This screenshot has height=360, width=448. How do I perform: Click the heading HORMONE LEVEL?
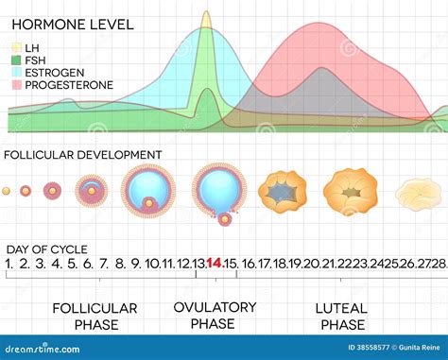tap(70, 24)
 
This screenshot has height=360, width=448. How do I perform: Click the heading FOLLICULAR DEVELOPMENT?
tap(83, 154)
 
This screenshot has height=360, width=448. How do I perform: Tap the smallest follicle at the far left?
tap(8, 190)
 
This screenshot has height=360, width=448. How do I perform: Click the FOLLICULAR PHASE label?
tap(95, 317)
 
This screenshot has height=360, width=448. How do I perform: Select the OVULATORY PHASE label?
tap(215, 316)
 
